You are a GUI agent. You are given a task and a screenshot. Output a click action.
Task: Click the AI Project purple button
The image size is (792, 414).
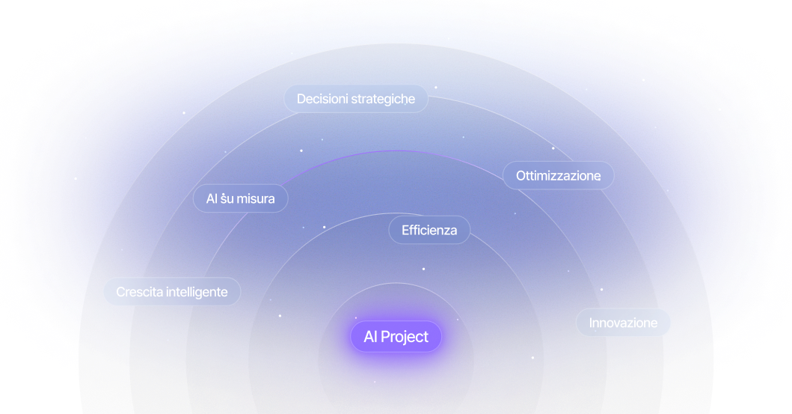pos(396,337)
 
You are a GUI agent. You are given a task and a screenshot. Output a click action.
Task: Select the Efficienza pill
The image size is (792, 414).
pos(429,230)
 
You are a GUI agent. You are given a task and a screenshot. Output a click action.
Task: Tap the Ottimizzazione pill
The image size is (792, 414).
pos(558,175)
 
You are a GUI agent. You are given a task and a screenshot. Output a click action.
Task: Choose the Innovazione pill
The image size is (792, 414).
pos(623,323)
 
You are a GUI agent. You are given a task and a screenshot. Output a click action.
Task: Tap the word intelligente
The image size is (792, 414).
pos(197,293)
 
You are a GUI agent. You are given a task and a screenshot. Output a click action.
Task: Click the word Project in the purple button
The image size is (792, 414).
pos(404,337)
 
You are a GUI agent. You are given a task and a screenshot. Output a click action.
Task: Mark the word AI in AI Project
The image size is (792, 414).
pos(369,337)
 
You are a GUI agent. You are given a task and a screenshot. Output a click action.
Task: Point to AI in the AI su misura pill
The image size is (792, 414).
pos(212,198)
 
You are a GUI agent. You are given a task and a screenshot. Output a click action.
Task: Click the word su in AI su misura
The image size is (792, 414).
pos(226,199)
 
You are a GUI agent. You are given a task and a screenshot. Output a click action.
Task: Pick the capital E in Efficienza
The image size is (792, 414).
pos(405,230)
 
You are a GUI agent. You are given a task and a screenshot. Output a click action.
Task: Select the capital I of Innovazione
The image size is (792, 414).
pos(591,323)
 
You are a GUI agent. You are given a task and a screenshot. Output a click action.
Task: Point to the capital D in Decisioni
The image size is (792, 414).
pos(301,99)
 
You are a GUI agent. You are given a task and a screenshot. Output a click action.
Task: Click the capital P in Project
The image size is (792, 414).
pos(385,337)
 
